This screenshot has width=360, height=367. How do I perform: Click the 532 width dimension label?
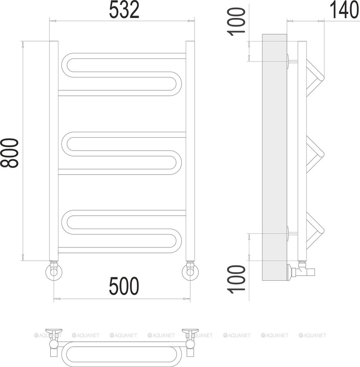(124, 10)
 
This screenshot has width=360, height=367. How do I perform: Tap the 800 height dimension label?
(9, 153)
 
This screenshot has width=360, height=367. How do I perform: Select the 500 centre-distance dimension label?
(124, 286)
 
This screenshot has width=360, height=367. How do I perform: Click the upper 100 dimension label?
(236, 22)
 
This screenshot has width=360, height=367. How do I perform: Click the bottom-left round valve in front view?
(54, 272)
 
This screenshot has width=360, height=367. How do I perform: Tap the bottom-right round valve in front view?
(190, 272)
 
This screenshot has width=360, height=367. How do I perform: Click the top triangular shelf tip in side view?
(323, 77)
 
